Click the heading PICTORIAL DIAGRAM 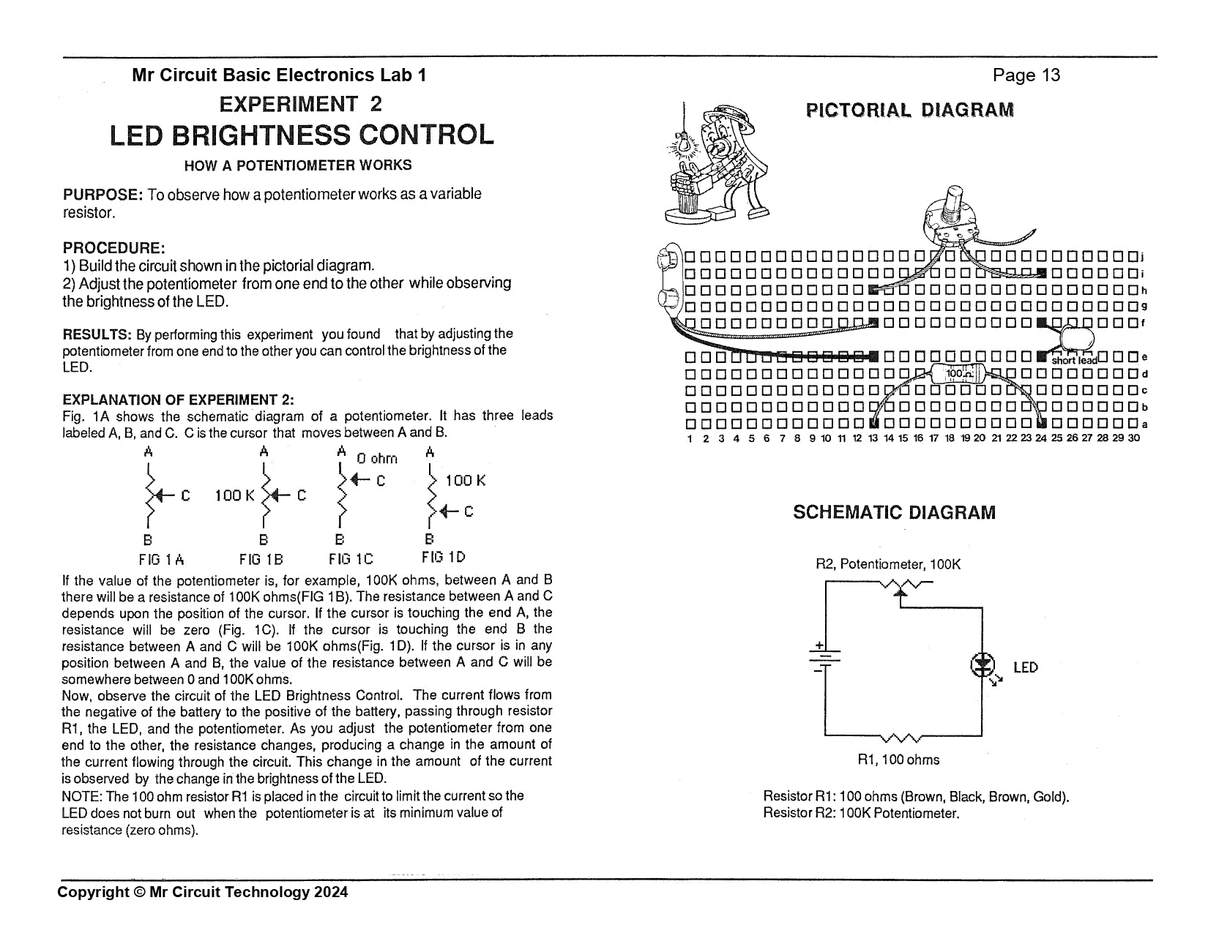click(x=910, y=110)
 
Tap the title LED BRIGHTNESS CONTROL click(x=301, y=135)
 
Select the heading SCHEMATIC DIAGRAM click(x=894, y=512)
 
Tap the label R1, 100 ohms click(x=898, y=760)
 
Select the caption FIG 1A click(x=161, y=560)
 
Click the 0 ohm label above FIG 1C click(x=376, y=459)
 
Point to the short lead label click(x=1074, y=360)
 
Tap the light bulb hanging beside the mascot click(x=686, y=144)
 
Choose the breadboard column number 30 click(x=1133, y=438)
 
